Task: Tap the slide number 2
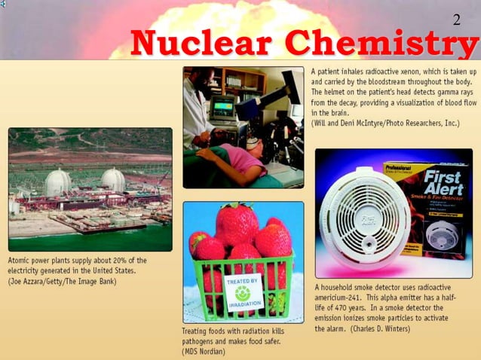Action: tap(456, 19)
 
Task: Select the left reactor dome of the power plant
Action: tap(58, 182)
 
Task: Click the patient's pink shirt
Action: tap(241, 160)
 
